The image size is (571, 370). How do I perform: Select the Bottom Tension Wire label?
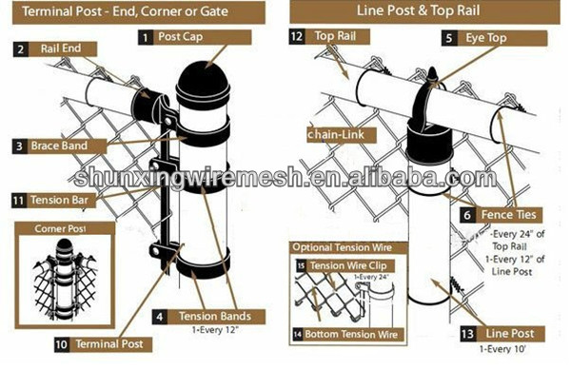356,334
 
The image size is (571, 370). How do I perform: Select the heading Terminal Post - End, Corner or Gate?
127,11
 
